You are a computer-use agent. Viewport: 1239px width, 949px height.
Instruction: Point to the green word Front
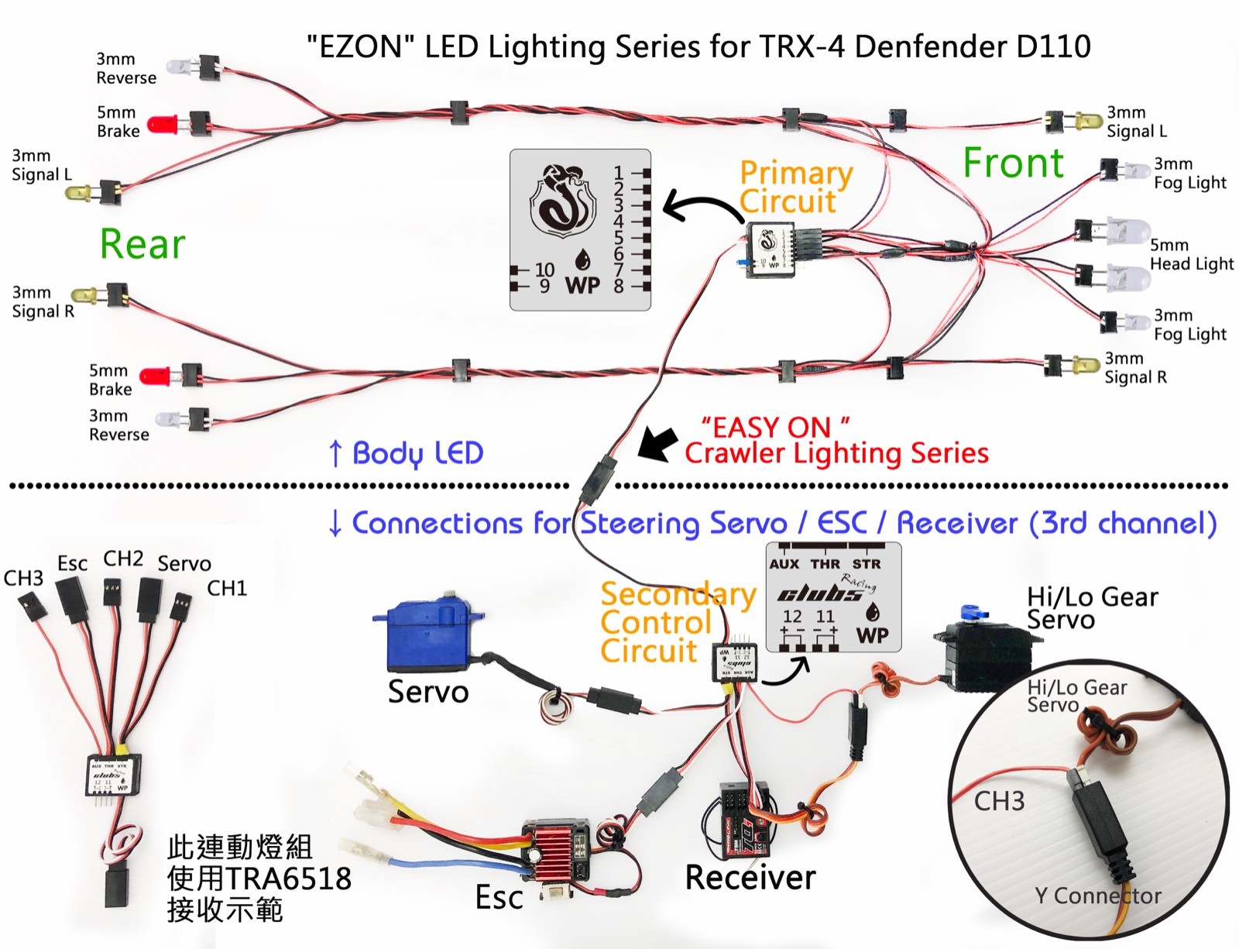click(1013, 163)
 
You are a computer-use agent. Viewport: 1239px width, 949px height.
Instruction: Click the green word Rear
click(142, 244)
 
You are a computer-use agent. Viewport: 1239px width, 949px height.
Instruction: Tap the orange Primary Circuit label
click(795, 187)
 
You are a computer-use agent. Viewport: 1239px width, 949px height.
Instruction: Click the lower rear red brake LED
click(157, 377)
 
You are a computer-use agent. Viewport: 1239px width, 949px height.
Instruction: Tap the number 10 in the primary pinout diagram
click(544, 270)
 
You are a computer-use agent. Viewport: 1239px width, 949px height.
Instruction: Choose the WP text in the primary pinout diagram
click(582, 285)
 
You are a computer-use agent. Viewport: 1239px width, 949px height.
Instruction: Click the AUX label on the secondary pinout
click(784, 564)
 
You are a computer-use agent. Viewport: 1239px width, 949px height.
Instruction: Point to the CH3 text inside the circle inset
click(999, 801)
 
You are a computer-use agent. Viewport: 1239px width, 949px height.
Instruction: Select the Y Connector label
click(1097, 896)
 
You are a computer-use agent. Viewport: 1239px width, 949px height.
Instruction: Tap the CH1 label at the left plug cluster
click(227, 589)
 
